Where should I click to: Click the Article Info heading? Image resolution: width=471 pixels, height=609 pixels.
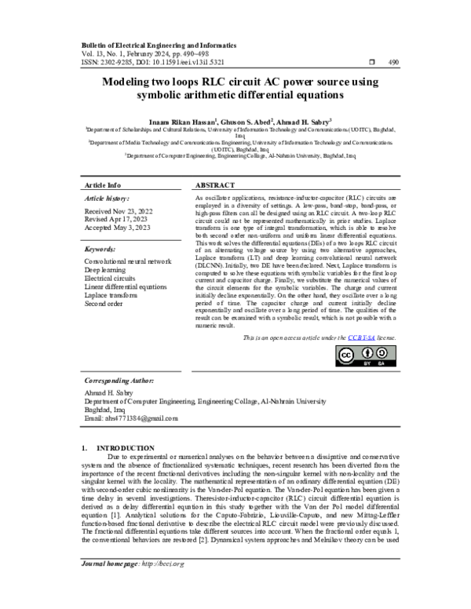(x=103, y=184)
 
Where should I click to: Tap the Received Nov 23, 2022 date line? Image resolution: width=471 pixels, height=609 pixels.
(x=118, y=212)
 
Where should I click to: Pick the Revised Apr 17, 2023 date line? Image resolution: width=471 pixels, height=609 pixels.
(x=116, y=221)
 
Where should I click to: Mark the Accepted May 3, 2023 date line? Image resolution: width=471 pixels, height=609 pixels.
(x=118, y=229)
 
